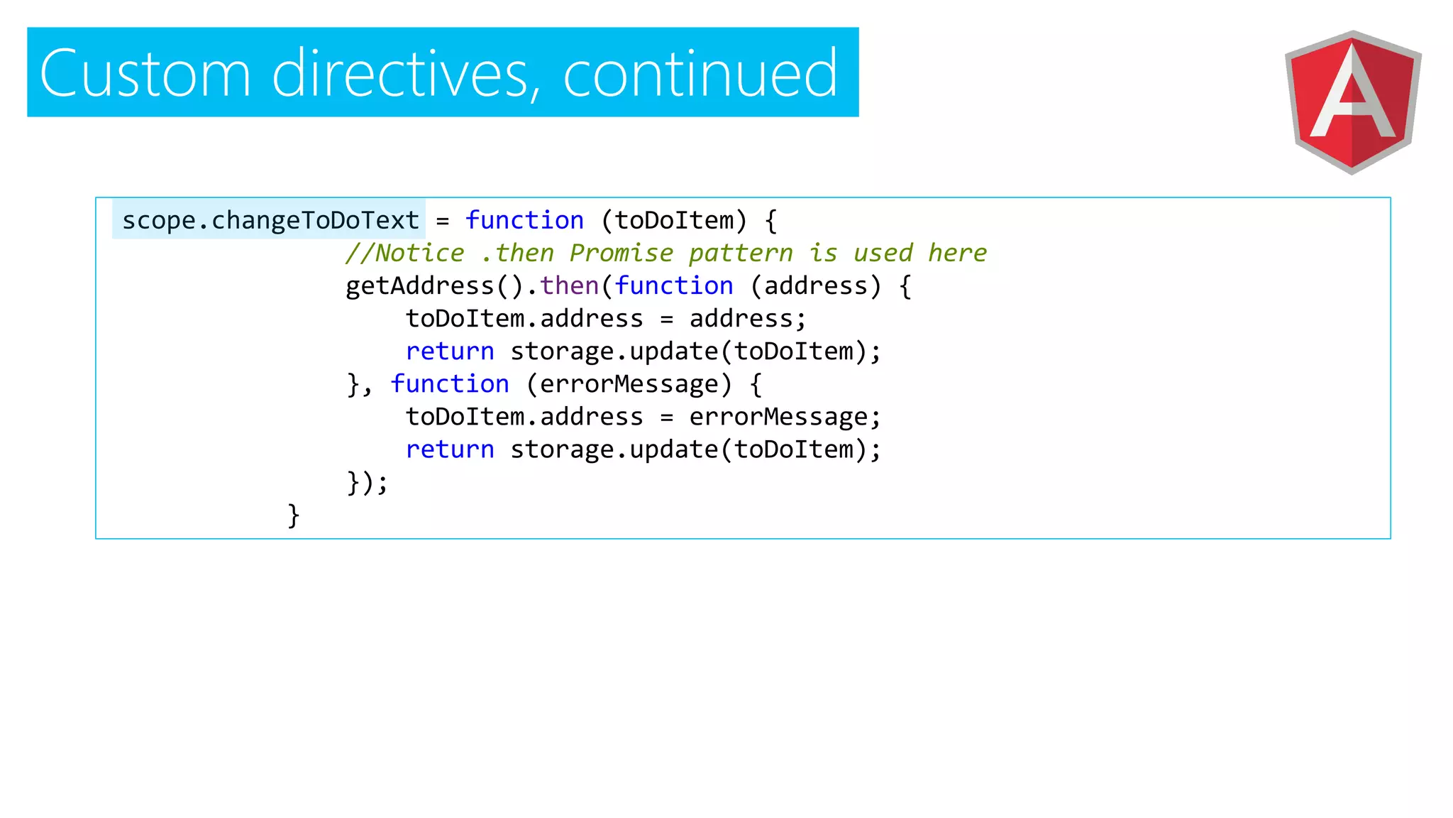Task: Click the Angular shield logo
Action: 1352,102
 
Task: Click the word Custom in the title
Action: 145,73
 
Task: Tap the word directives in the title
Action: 401,73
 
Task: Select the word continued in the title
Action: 700,73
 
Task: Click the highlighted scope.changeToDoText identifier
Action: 270,221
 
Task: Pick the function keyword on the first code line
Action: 524,221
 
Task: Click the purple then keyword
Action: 570,286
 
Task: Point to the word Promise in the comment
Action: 621,253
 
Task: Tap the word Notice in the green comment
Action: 419,253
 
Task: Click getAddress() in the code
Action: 434,286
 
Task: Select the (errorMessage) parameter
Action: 629,384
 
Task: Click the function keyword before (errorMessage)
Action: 450,384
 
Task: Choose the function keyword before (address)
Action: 674,286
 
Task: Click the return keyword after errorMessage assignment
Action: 450,449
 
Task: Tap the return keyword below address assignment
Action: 450,351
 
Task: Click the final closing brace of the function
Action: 294,515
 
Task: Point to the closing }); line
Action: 368,482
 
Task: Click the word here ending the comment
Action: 958,253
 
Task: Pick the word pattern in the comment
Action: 741,253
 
